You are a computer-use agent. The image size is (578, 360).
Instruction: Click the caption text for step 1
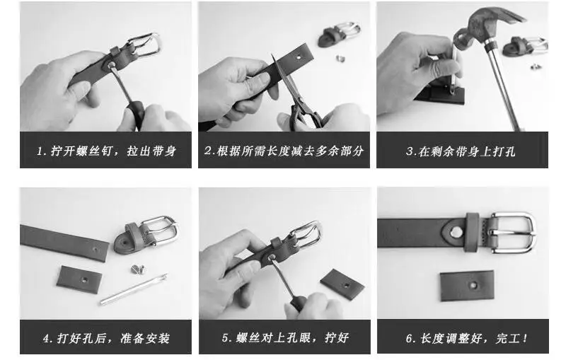(105, 151)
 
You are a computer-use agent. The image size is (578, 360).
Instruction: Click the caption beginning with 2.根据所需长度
(284, 151)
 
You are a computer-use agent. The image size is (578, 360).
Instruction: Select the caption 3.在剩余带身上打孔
(461, 151)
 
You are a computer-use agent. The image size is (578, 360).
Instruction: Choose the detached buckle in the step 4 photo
(149, 233)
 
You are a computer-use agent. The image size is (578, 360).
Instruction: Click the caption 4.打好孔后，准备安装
(105, 338)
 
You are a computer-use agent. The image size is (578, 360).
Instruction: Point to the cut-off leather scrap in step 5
(342, 283)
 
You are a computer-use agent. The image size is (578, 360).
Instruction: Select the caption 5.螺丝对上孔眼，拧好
(284, 338)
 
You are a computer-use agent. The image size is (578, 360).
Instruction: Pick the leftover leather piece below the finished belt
(467, 285)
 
